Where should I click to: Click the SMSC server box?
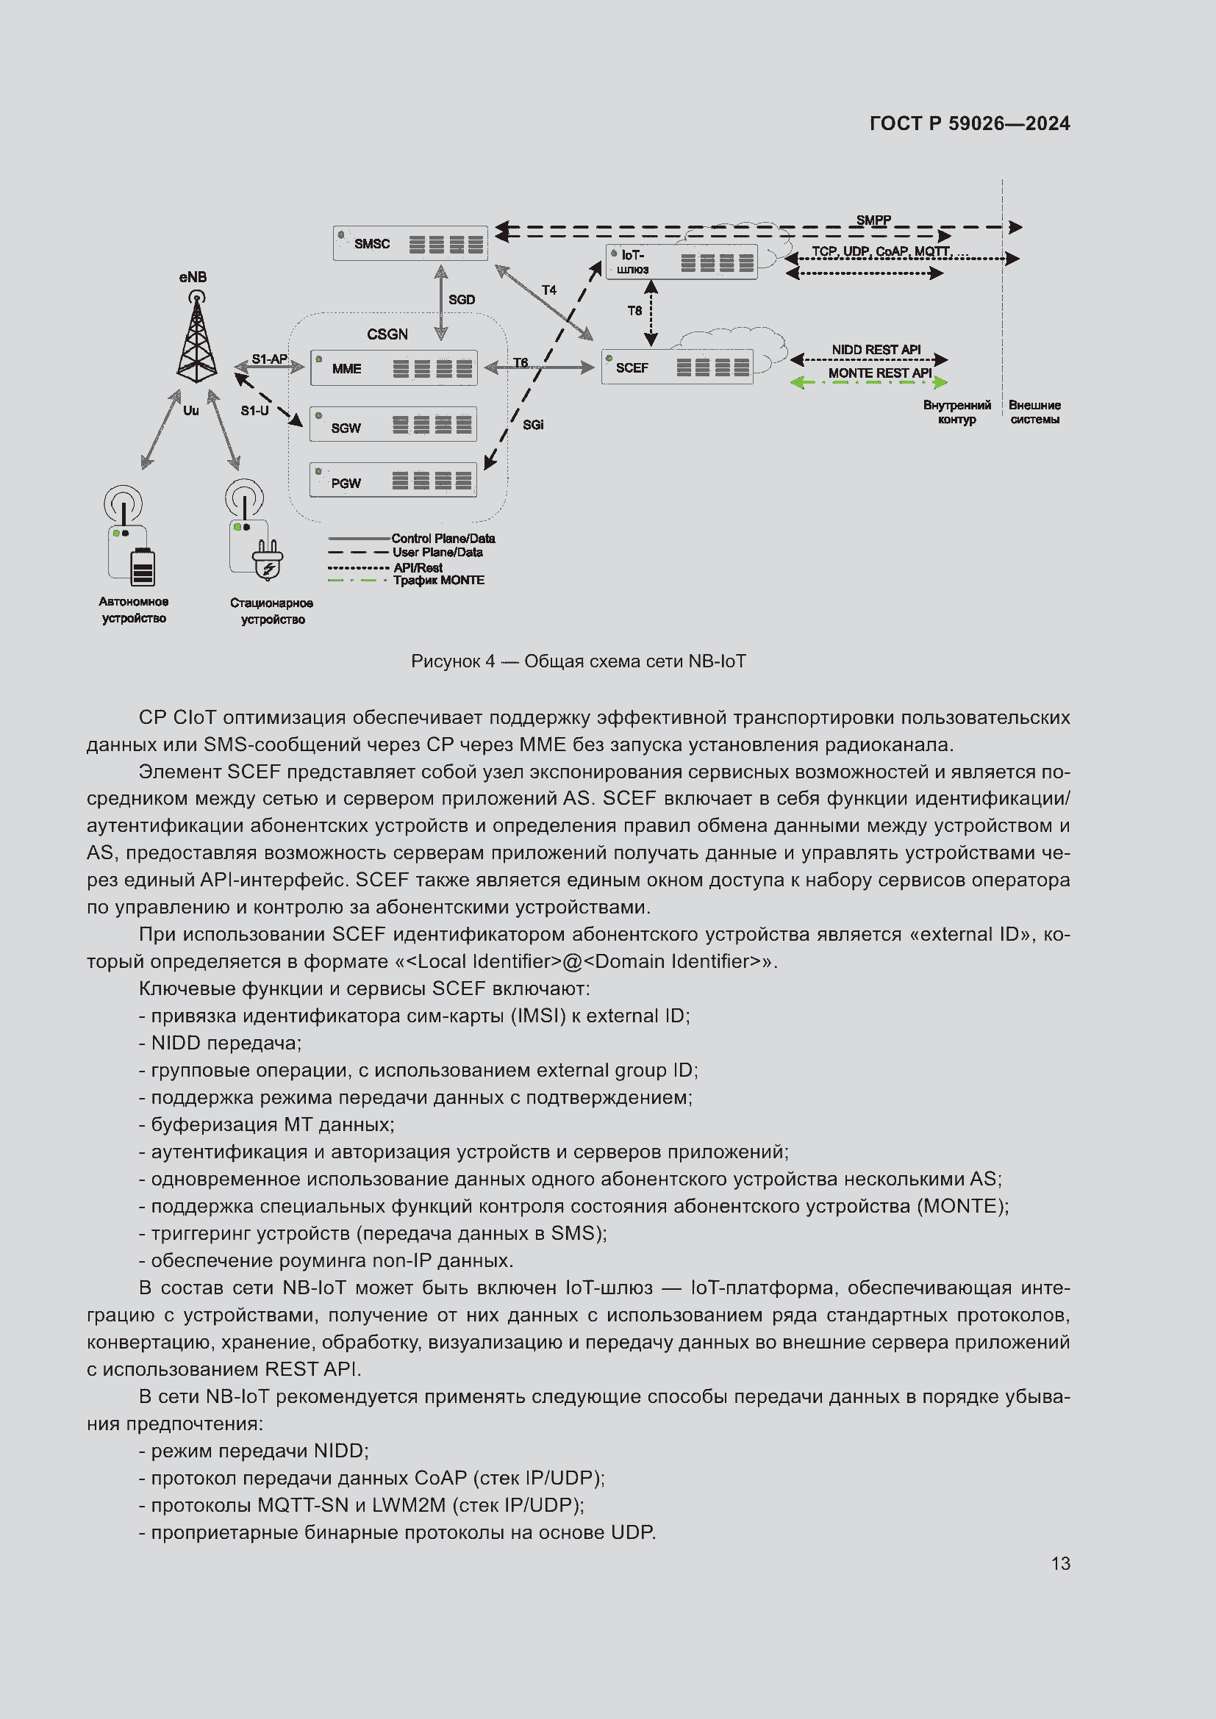[409, 243]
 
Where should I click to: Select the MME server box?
[394, 368]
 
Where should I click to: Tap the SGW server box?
[393, 425]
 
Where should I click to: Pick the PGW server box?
[393, 480]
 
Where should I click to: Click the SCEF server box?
[677, 367]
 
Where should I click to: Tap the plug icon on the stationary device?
[268, 560]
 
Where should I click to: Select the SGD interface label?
[461, 299]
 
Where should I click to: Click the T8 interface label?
[634, 311]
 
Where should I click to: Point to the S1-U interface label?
[254, 410]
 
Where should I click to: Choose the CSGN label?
[387, 334]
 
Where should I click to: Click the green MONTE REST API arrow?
[868, 383]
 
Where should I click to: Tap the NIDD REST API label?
[876, 350]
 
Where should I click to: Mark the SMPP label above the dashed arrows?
[873, 220]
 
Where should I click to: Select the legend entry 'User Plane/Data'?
[437, 553]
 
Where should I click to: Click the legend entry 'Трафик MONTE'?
[439, 581]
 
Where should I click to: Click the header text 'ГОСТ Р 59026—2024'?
[970, 123]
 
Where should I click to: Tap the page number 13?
[1060, 1563]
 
